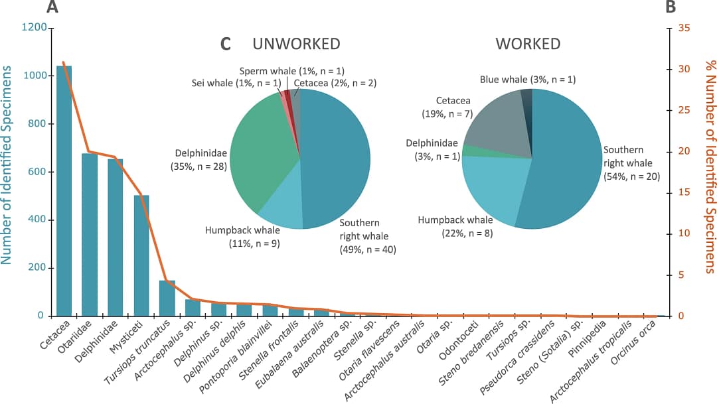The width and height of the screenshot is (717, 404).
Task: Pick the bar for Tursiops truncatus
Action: pos(167,299)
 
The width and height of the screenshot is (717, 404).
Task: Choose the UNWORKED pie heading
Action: pos(296,44)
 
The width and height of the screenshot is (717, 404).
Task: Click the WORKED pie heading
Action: pos(528,44)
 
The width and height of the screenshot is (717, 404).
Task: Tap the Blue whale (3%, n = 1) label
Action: pos(527,80)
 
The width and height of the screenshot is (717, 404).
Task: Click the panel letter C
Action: pos(226,44)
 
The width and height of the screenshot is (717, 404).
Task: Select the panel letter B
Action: pos(671,7)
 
